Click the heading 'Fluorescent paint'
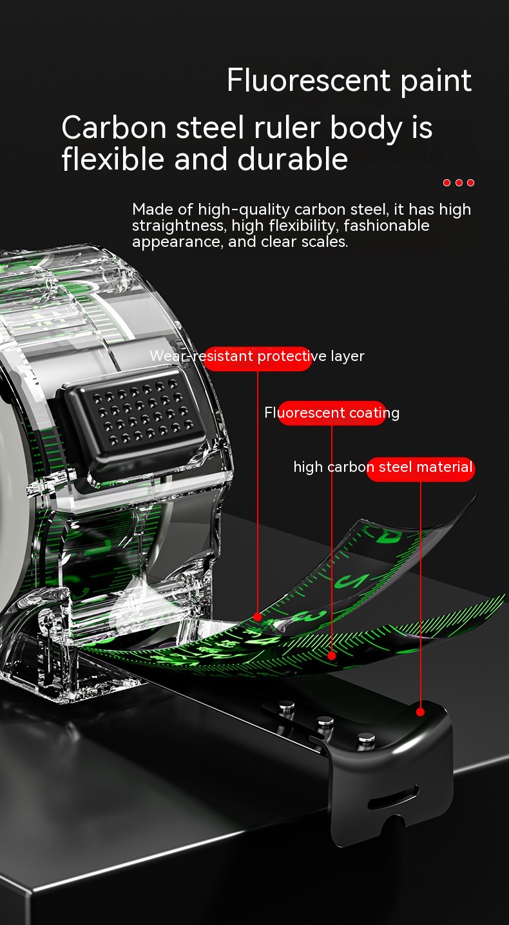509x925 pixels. click(349, 81)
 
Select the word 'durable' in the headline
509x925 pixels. click(293, 159)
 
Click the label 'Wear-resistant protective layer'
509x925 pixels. click(257, 356)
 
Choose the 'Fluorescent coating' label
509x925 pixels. click(332, 413)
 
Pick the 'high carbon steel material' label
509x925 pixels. click(383, 467)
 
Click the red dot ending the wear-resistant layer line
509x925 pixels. click(258, 617)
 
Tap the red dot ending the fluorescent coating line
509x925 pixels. click(332, 656)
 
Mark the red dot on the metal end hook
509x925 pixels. click(420, 712)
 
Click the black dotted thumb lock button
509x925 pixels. click(134, 421)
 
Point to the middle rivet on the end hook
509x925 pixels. click(325, 721)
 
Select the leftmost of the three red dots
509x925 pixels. click(447, 182)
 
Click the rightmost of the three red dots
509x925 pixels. click(470, 182)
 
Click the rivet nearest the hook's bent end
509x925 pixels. click(366, 737)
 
